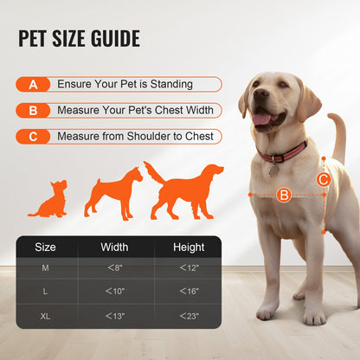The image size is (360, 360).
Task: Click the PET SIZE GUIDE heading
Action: tap(80, 39)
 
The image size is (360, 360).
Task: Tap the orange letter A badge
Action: tap(33, 85)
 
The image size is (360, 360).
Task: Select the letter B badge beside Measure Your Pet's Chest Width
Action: tap(33, 111)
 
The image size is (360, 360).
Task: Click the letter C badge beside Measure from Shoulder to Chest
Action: tap(33, 137)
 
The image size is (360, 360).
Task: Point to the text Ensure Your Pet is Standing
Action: tap(125, 85)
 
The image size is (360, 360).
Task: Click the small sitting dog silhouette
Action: tap(49, 200)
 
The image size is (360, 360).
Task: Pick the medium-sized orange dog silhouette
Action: tap(112, 192)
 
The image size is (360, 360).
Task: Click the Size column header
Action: tap(45, 247)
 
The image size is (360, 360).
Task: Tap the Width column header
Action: tap(114, 247)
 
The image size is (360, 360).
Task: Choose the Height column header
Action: tap(189, 247)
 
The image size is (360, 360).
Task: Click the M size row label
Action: tap(45, 268)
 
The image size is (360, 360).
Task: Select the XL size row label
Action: tap(45, 317)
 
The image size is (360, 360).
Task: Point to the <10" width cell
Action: tap(114, 292)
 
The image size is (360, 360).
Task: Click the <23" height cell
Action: tap(189, 317)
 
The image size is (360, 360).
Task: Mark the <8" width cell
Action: tap(114, 268)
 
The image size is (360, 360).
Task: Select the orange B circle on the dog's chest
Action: tap(283, 196)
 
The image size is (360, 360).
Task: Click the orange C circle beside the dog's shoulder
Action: tap(323, 180)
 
